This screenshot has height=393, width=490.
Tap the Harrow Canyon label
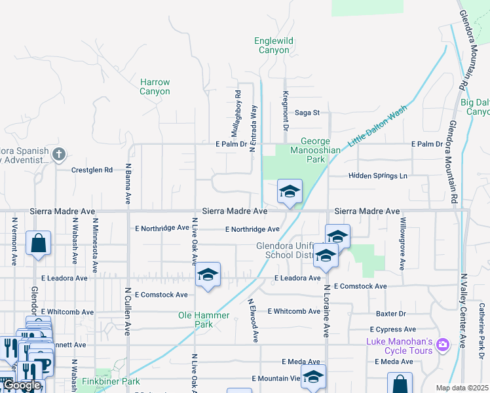155,87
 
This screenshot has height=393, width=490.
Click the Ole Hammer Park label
204,320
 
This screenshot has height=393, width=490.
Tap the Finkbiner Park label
111,381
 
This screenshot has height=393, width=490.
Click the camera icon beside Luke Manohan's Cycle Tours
443,344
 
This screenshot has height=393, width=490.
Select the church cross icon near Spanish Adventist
59,155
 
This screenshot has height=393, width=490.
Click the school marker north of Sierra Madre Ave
290,191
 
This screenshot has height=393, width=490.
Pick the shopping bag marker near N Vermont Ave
39,242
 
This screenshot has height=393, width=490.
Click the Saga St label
307,113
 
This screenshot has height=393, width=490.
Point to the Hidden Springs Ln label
378,176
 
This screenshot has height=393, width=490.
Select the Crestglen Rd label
92,170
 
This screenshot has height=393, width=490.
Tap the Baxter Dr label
391,314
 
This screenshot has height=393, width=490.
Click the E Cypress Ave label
393,329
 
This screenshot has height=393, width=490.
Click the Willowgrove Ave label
403,244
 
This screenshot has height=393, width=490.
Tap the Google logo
22,385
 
